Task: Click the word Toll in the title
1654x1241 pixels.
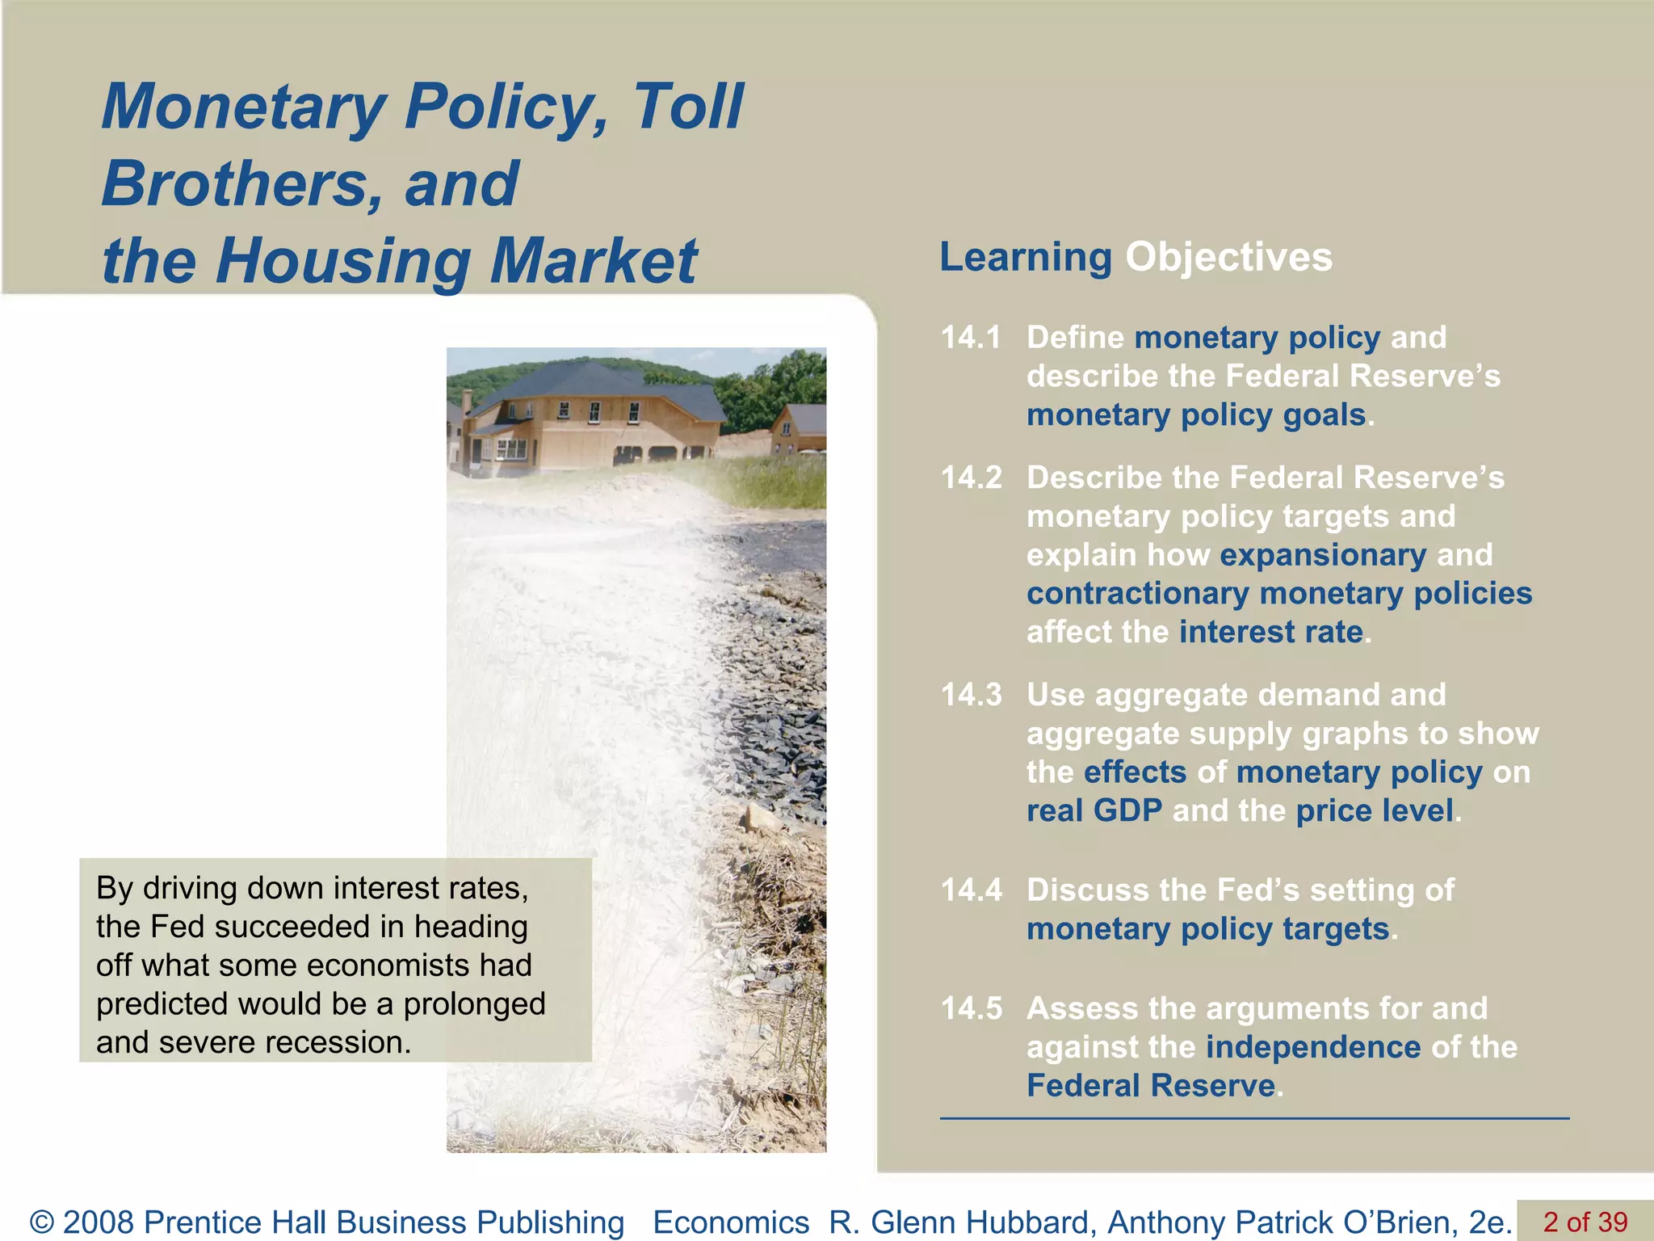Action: point(687,107)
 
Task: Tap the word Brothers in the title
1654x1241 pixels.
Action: point(231,184)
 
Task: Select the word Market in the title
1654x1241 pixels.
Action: point(594,261)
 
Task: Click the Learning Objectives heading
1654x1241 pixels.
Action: point(1136,257)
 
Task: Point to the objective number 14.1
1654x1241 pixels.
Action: point(971,338)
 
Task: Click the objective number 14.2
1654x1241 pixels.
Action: point(971,477)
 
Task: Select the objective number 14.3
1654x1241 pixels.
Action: point(971,695)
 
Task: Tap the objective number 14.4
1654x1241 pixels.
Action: point(971,890)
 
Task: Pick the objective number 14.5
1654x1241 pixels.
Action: point(971,1008)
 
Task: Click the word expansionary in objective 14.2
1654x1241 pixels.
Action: point(1323,555)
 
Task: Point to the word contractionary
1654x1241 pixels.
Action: point(1137,594)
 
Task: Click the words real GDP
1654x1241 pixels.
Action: point(1094,810)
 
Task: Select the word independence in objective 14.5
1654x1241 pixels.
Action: point(1313,1047)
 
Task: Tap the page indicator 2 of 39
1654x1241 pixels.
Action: point(1585,1221)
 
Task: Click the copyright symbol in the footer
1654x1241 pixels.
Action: point(42,1222)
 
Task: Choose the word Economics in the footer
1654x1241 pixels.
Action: point(731,1222)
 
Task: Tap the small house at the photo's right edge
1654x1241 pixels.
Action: point(800,428)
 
